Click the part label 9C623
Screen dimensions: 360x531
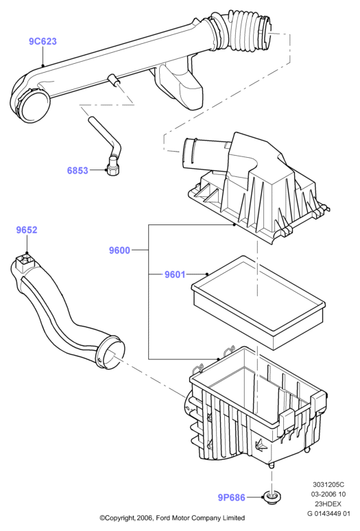coord(43,41)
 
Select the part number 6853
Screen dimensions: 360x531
coord(77,170)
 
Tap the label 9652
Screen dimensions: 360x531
coord(27,230)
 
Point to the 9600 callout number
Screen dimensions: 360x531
coord(119,250)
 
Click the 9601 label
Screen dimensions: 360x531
coord(175,274)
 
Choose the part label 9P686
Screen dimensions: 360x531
coord(231,497)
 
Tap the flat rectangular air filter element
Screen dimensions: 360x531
coord(258,302)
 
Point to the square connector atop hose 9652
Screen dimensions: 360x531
coord(25,261)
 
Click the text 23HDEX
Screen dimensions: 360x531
coord(328,504)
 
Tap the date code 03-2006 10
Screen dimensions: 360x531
coord(328,495)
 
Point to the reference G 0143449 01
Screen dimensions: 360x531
coord(328,513)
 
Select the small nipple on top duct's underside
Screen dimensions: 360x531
coord(112,80)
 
